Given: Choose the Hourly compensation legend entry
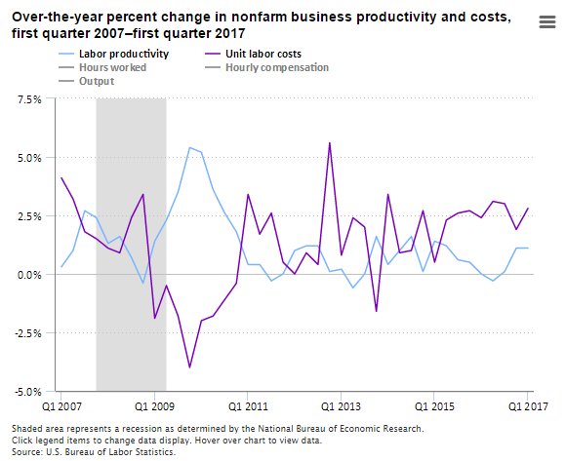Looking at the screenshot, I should pyautogui.click(x=276, y=67).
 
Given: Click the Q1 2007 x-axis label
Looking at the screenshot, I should pyautogui.click(x=61, y=404).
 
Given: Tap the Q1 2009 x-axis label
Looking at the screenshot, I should pyautogui.click(x=154, y=404).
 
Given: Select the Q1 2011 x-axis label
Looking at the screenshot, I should pyautogui.click(x=248, y=404).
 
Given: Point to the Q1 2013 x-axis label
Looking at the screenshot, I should pyautogui.click(x=342, y=404).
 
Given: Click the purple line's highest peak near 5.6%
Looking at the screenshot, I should pyautogui.click(x=330, y=143).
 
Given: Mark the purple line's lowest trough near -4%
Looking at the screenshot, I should pyautogui.click(x=189, y=367).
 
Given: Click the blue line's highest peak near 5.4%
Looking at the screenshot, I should pyautogui.click(x=189, y=147).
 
